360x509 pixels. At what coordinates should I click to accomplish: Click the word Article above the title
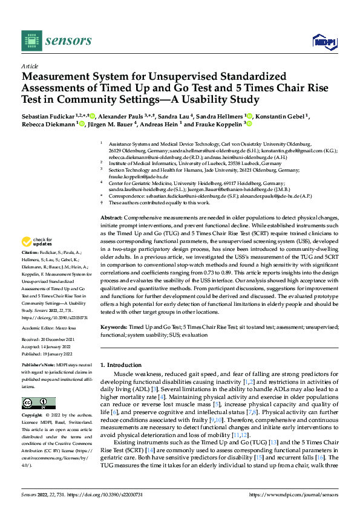coord(29,66)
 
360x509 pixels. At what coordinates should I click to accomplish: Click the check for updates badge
coord(38,242)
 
